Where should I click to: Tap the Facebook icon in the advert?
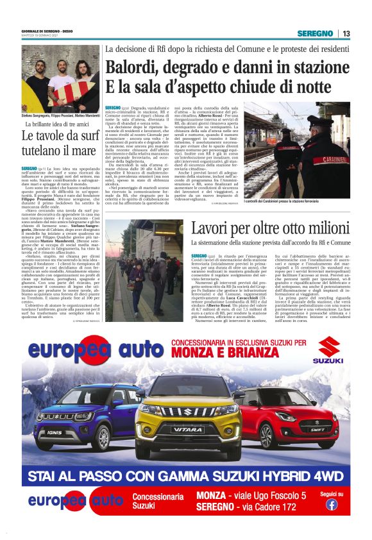[332, 504]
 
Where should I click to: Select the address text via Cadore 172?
[269, 507]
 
